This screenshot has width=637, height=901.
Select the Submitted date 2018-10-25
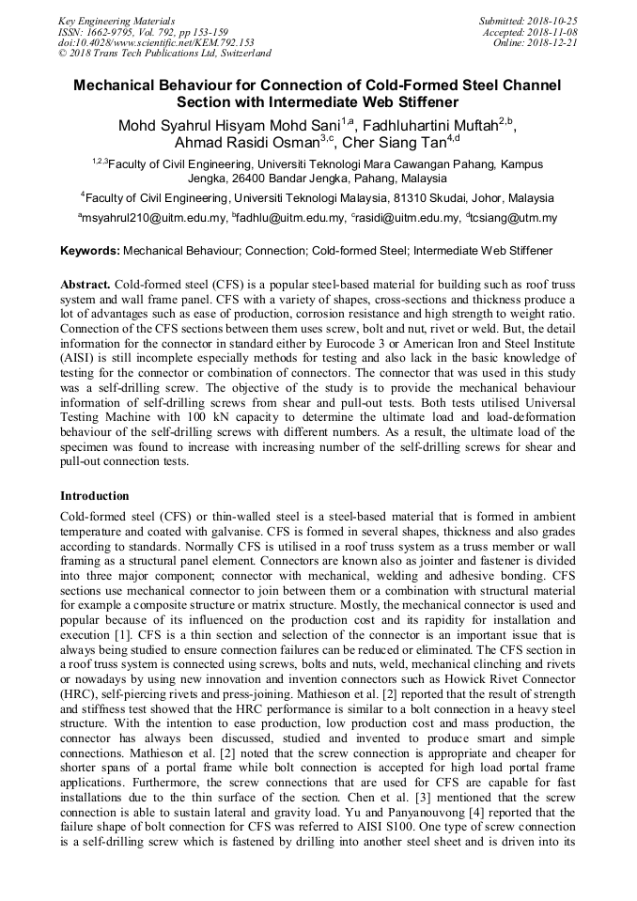555,20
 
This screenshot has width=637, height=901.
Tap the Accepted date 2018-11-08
555,31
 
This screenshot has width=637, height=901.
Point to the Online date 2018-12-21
555,42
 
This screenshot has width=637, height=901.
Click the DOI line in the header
156,42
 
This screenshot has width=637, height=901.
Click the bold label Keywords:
89,251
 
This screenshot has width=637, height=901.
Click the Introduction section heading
95,495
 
